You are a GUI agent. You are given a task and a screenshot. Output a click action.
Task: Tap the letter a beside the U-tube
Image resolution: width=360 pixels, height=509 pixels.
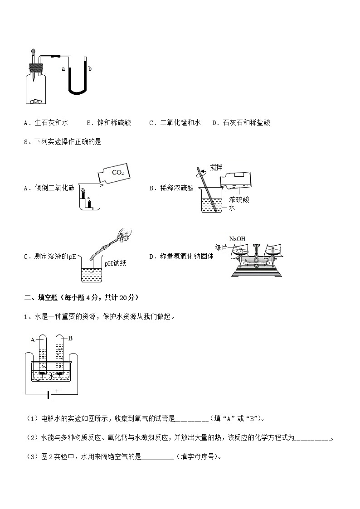coord(63,69)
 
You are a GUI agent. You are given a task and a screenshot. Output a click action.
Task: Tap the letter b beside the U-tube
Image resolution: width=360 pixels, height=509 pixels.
coord(90,68)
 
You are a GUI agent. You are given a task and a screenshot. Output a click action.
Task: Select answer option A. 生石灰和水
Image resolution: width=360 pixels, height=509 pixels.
coord(46,122)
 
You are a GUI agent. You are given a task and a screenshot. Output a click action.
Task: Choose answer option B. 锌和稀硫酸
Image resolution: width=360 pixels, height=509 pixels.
coord(108,122)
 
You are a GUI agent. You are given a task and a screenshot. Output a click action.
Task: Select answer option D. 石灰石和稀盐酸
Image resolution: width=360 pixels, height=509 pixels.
coord(241,122)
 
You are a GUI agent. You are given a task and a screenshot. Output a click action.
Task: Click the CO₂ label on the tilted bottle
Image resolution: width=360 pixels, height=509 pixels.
coord(117,172)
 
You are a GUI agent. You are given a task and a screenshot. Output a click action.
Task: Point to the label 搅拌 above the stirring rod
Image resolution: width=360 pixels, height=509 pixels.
coord(216,167)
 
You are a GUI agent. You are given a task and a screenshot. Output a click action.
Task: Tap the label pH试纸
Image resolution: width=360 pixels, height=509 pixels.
coord(115,263)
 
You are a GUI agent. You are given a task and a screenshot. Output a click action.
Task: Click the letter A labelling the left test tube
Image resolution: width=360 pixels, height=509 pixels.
coord(33,339)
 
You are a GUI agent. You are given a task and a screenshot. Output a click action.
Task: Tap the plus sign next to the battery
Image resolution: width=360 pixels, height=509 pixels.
coord(57,390)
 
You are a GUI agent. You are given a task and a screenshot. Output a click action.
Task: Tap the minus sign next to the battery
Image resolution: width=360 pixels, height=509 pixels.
coord(42,390)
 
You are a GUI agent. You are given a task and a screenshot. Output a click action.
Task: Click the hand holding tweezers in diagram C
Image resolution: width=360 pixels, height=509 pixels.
coord(123,234)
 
